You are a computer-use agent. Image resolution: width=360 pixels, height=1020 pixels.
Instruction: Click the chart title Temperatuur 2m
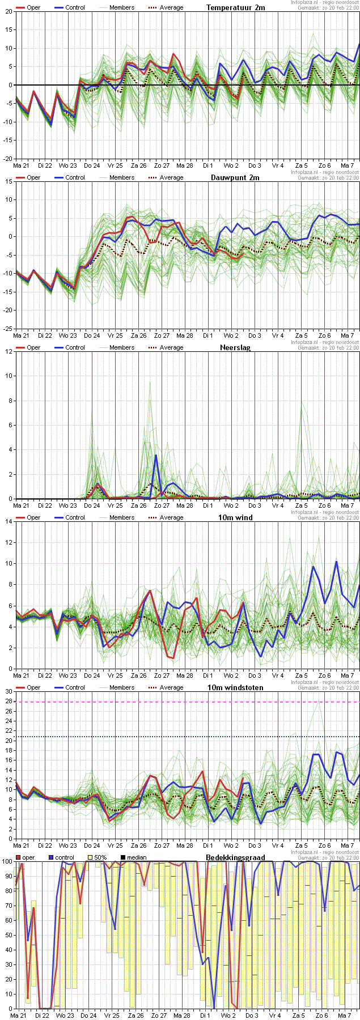(235, 7)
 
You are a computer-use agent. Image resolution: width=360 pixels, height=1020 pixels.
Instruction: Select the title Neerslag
(235, 347)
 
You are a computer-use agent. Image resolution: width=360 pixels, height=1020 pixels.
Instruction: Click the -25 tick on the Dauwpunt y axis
(9, 329)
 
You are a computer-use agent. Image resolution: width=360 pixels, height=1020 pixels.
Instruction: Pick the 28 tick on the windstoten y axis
(9, 702)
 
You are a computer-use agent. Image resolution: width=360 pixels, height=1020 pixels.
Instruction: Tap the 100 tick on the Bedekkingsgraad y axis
(7, 861)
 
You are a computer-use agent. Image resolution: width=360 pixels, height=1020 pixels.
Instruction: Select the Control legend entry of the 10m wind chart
(75, 517)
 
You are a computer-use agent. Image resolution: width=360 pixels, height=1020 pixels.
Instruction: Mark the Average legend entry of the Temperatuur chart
(171, 7)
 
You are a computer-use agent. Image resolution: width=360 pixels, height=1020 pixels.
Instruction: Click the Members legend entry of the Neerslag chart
(122, 347)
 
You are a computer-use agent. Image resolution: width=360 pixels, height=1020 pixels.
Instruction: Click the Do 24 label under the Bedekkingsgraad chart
(88, 1015)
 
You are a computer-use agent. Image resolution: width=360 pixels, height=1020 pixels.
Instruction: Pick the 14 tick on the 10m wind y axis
(9, 521)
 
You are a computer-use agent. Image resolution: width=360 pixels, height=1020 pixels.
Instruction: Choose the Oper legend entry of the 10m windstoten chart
(33, 687)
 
